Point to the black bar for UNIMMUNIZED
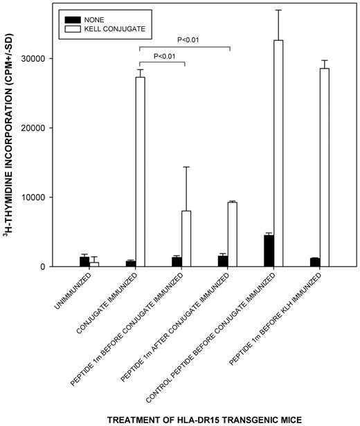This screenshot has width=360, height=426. pos(84,262)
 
